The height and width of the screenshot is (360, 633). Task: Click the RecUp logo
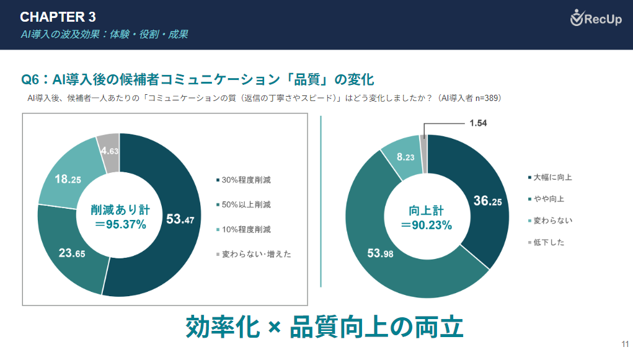pos(596,19)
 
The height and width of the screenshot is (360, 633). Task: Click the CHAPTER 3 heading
pos(58,16)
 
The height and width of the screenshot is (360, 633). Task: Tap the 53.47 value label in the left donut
pos(180,219)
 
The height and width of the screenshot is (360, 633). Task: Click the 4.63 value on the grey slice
pos(109,151)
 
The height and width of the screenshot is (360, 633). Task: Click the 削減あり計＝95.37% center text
pos(120,217)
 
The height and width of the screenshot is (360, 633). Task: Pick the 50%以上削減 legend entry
pos(243,204)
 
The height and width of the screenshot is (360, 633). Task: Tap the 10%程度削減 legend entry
pos(243,229)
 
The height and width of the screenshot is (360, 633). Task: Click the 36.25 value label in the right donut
pos(488,201)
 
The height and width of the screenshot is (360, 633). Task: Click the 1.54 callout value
pos(478,123)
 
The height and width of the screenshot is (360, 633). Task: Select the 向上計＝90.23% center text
pos(426,217)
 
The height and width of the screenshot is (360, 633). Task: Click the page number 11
pos(625,345)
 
